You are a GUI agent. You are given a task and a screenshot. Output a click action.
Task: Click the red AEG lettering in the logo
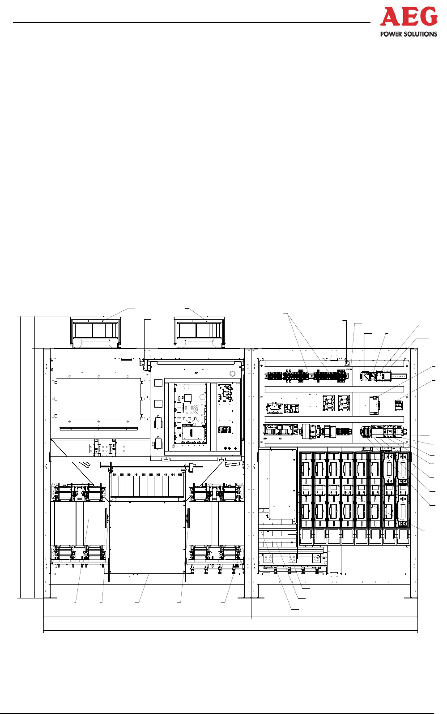tap(409, 17)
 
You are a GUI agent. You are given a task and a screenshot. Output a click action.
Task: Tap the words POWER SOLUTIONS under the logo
tap(409, 34)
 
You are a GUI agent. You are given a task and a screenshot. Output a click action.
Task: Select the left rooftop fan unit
tap(95, 331)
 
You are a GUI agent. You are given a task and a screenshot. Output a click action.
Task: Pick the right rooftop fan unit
tap(199, 331)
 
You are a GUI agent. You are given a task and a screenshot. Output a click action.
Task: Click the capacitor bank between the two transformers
tap(147, 486)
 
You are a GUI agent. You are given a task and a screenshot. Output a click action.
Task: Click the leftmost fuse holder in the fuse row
tap(306, 490)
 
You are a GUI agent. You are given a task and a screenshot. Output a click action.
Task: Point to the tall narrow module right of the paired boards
tap(375, 405)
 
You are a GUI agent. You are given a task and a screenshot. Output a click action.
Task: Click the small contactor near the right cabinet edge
tap(398, 405)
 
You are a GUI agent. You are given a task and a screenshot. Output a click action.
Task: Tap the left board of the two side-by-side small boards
tap(329, 403)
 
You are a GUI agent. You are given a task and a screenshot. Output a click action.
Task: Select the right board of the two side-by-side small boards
tap(344, 403)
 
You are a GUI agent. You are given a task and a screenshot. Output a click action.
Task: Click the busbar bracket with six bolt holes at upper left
tap(106, 448)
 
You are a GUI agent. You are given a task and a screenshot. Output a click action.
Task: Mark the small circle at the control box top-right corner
tap(232, 374)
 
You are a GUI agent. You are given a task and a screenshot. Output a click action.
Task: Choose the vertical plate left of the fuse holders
tap(282, 486)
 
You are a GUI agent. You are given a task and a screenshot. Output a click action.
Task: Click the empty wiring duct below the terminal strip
tap(309, 389)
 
